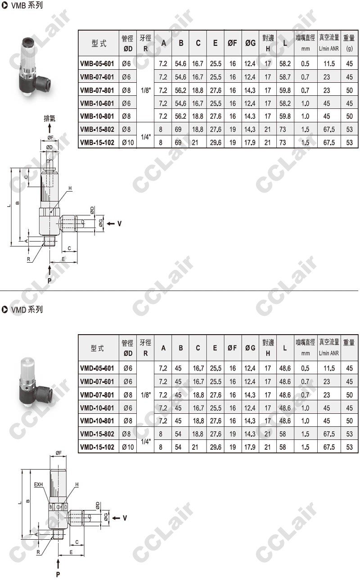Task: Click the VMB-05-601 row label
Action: click(x=97, y=64)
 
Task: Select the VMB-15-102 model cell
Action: click(x=97, y=143)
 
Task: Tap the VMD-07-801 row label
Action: click(x=97, y=395)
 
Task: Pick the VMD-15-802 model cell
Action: click(x=97, y=434)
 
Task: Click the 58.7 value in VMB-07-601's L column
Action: click(x=285, y=77)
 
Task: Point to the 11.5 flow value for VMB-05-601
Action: click(x=329, y=64)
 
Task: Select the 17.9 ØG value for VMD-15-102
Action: click(x=250, y=447)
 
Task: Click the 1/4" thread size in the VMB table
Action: click(x=145, y=137)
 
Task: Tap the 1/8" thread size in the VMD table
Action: click(x=145, y=395)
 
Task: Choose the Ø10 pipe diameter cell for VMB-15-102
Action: click(x=128, y=143)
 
